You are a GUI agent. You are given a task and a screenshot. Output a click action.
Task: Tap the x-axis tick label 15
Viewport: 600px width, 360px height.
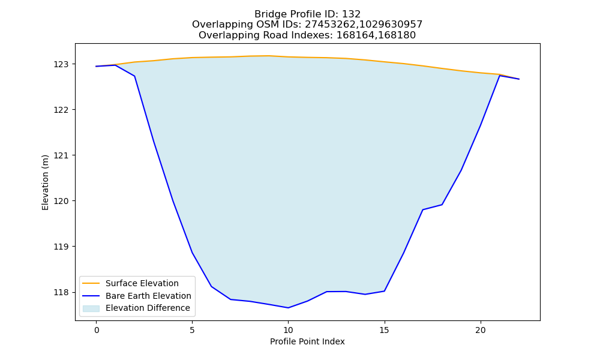pyautogui.click(x=384, y=330)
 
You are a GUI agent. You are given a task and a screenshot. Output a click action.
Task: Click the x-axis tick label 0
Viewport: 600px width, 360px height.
pyautogui.click(x=96, y=330)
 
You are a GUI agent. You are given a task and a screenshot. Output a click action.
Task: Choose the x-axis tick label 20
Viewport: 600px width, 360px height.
pyautogui.click(x=480, y=330)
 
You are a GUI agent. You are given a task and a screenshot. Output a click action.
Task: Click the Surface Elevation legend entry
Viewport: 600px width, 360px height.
pyautogui.click(x=142, y=283)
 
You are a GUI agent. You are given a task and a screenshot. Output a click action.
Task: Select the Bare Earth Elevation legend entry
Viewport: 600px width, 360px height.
pyautogui.click(x=148, y=296)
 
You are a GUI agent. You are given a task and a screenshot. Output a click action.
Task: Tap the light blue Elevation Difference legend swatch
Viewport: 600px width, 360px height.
pyautogui.click(x=91, y=308)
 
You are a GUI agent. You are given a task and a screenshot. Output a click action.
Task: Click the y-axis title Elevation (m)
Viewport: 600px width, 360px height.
pyautogui.click(x=45, y=182)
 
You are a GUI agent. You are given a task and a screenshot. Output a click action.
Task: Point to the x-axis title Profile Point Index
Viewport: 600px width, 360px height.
pyautogui.click(x=307, y=341)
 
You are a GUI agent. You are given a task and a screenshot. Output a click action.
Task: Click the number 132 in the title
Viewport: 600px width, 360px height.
pyautogui.click(x=351, y=14)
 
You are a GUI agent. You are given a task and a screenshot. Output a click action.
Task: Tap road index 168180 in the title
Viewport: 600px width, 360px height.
pyautogui.click(x=397, y=35)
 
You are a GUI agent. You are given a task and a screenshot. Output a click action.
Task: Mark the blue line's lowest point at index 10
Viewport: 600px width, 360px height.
pyautogui.click(x=288, y=308)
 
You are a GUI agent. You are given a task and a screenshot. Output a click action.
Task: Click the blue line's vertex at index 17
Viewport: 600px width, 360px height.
pyautogui.click(x=422, y=209)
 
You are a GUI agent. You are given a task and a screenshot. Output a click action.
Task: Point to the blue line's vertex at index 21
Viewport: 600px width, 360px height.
pyautogui.click(x=499, y=76)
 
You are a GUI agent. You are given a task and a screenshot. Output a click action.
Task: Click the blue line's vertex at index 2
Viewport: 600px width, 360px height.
pyautogui.click(x=134, y=76)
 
